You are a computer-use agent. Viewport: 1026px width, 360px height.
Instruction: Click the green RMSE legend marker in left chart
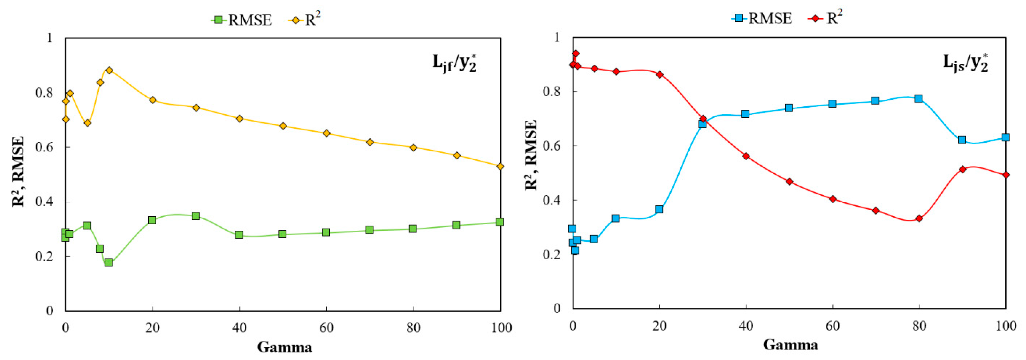tap(218, 19)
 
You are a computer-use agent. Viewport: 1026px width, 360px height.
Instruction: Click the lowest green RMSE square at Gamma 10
tap(108, 262)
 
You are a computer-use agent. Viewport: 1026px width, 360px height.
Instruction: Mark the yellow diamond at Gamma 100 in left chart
tap(500, 166)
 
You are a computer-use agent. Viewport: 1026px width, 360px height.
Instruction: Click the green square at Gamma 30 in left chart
tap(195, 216)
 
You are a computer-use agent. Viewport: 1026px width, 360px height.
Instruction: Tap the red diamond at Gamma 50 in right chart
tap(789, 182)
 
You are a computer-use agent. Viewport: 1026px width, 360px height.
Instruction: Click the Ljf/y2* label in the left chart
tap(455, 63)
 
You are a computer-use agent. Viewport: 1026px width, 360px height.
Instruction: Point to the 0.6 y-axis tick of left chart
tap(44, 147)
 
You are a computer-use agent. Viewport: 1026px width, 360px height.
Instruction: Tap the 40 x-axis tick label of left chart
tap(239, 328)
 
